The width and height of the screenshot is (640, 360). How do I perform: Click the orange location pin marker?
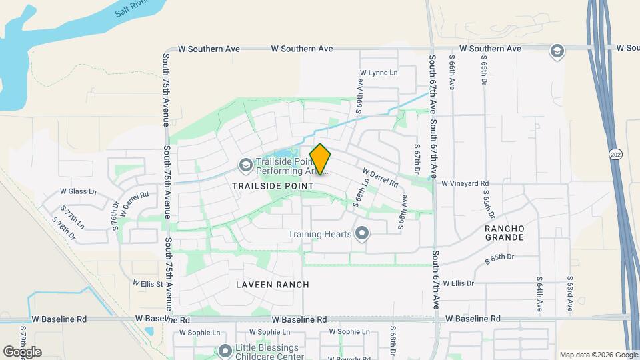[321, 160]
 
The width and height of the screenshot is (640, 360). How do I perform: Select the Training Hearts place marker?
[362, 233]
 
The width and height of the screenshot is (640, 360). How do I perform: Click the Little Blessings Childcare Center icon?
[225, 350]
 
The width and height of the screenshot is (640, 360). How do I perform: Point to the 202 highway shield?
[613, 155]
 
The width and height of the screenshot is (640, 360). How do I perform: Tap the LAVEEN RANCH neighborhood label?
[273, 285]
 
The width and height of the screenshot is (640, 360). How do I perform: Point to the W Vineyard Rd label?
[465, 183]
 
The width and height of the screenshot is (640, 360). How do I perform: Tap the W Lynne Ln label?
[378, 73]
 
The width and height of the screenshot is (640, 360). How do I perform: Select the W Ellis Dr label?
[457, 283]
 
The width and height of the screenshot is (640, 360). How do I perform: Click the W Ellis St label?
[148, 283]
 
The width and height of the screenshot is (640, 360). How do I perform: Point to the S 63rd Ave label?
[570, 294]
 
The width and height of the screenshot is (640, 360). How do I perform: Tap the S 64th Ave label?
[540, 294]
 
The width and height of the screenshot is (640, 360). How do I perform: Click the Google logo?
[22, 352]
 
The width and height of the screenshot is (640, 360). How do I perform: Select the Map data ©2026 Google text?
[597, 355]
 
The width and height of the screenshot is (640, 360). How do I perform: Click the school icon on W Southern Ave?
[556, 51]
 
